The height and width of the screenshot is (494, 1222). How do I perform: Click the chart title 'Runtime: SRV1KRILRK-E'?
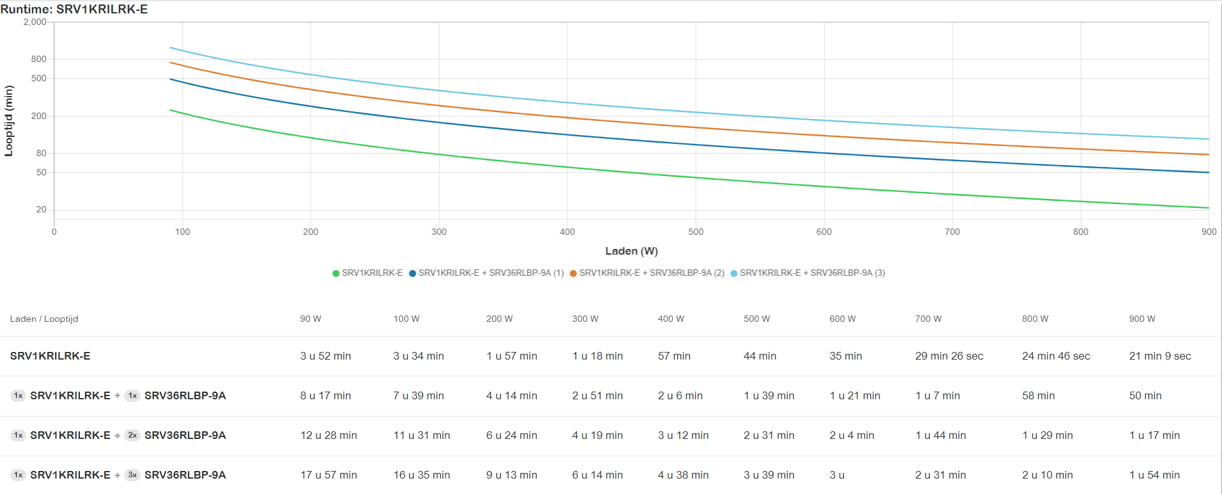tap(74, 9)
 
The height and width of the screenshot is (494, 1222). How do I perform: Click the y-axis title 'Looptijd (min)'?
tap(9, 121)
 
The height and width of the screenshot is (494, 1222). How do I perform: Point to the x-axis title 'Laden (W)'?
tap(631, 251)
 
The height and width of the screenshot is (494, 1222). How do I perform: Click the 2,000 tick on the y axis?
tap(35, 22)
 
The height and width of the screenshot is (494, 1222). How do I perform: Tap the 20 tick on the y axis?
tap(42, 209)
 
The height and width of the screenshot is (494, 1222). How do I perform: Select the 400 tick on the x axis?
tap(567, 232)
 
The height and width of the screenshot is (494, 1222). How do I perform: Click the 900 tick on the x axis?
tap(1209, 232)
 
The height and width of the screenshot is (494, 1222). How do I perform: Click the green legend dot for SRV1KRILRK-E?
tap(336, 273)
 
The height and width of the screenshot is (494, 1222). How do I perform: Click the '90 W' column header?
tap(311, 319)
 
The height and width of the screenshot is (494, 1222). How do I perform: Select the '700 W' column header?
tap(928, 319)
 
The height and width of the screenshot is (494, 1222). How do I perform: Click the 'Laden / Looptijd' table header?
tap(44, 319)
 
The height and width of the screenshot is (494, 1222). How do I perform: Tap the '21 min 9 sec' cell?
tap(1160, 356)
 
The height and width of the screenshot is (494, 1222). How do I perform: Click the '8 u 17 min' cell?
tap(325, 395)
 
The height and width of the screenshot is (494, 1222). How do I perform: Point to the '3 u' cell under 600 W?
tap(837, 475)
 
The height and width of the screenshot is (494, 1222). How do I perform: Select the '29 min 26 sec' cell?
tap(949, 356)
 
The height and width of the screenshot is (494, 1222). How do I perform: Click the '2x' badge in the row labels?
tap(132, 435)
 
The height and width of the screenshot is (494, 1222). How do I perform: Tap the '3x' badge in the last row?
tap(132, 475)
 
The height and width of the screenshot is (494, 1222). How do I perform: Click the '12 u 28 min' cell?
tap(329, 435)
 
